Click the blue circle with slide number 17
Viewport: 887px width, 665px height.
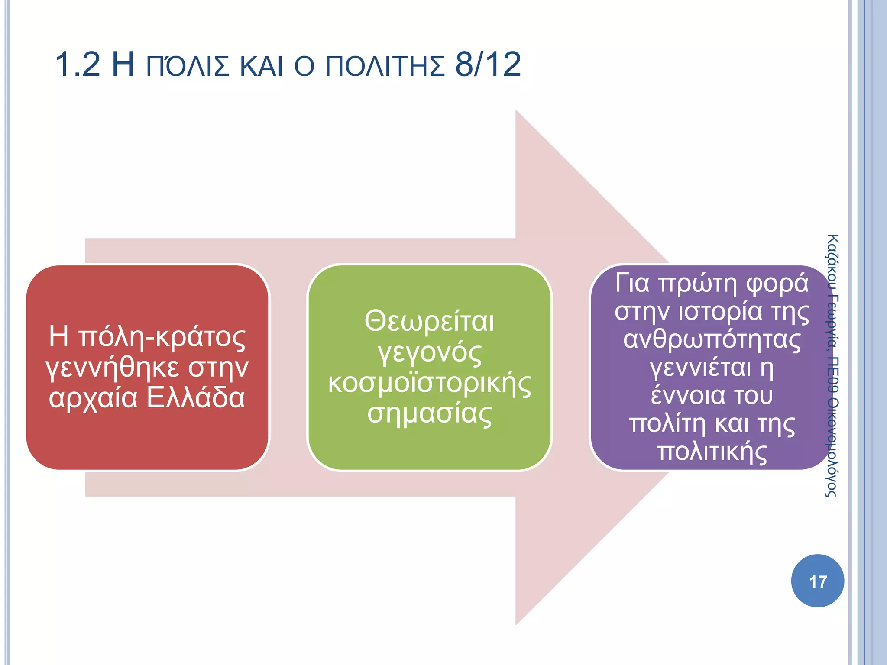point(817,581)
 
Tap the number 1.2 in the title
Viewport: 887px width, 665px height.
point(78,65)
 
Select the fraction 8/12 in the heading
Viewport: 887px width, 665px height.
point(488,65)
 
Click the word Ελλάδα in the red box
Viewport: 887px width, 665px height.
point(196,397)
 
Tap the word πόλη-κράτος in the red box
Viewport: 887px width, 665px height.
point(162,336)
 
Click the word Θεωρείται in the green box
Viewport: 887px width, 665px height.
point(429,322)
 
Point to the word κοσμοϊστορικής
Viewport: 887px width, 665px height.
point(429,384)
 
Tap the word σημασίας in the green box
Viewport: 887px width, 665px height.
point(429,414)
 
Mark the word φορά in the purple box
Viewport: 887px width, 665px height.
point(777,283)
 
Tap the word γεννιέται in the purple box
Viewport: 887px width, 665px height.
point(700,368)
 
